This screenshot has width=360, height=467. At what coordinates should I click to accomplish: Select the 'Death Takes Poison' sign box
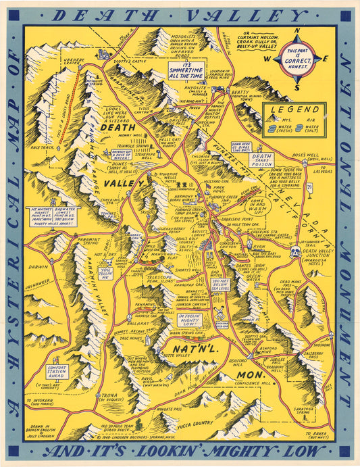(262, 159)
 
